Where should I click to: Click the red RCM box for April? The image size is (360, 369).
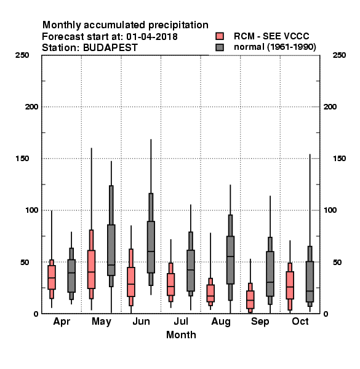52,277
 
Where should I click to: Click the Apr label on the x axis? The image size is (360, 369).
62,322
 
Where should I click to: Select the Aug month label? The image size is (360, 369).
221,322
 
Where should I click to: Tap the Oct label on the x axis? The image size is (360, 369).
300,321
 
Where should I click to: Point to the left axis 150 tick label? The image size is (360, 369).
22,159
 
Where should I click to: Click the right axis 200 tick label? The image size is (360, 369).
330,107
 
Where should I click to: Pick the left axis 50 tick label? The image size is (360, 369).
25,262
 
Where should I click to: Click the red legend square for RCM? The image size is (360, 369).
220,36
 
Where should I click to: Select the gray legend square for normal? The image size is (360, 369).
220,47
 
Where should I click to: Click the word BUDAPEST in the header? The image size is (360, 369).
110,48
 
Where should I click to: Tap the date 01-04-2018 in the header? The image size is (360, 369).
152,37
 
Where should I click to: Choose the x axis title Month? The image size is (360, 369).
181,335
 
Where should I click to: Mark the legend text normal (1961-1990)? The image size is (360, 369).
275,47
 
